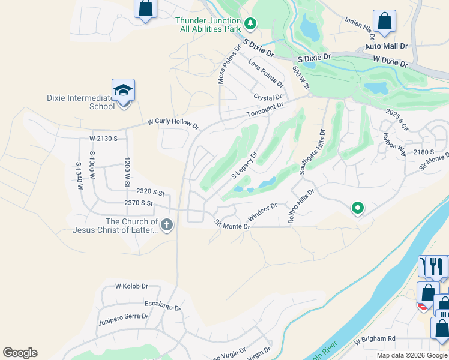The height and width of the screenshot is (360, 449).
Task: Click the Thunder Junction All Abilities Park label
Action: coord(208,24)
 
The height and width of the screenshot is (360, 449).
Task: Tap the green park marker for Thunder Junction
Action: coord(251,25)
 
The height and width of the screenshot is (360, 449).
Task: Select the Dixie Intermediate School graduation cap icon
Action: coord(123,91)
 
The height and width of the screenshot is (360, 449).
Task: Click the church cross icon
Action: coord(167,225)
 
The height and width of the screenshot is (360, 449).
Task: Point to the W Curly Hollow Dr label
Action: coord(173,124)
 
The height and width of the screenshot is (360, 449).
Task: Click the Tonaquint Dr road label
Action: coord(264,110)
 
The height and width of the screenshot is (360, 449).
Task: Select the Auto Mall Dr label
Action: coord(386,46)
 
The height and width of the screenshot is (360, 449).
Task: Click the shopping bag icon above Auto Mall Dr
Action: coord(384,21)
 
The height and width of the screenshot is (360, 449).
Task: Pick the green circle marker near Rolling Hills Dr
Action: coord(358,208)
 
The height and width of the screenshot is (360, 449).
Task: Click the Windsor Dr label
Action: coord(262,211)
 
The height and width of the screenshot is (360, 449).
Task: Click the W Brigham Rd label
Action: coord(375,339)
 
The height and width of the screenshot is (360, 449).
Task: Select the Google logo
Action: coord(20,353)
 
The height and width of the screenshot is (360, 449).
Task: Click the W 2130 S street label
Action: coord(103,139)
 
